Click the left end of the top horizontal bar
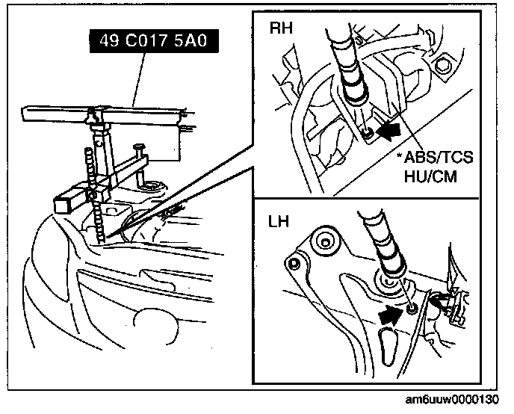pos(26,114)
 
